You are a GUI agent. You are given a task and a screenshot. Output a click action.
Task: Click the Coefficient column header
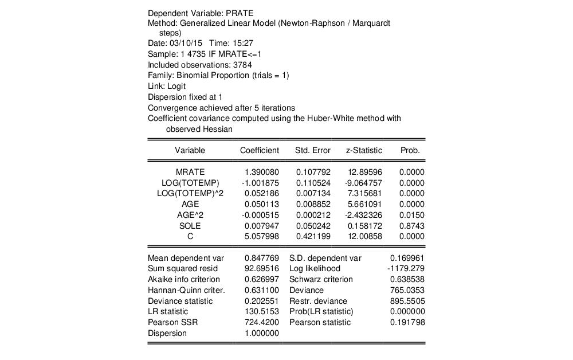pos(259,150)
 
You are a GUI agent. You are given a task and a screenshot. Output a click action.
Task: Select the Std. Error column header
pos(312,150)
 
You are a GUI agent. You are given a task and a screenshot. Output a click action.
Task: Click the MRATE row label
pos(190,172)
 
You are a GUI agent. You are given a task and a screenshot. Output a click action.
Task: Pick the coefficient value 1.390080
pos(261,172)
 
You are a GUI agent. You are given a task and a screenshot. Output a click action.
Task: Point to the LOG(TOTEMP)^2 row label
pos(190,193)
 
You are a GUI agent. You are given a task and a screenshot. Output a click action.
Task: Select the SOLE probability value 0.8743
pos(412,226)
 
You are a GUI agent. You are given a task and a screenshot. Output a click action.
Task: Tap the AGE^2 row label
pos(190,215)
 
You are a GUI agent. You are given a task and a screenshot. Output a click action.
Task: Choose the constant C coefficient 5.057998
pos(261,236)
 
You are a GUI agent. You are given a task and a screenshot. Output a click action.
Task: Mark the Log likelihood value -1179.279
pos(406,268)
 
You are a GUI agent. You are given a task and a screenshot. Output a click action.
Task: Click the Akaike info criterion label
pos(183,279)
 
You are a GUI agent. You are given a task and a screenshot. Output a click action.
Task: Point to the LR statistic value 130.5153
pos(261,311)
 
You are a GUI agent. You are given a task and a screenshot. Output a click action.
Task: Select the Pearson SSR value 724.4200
pos(261,322)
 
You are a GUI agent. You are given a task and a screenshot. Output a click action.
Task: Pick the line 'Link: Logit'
pos(167,86)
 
